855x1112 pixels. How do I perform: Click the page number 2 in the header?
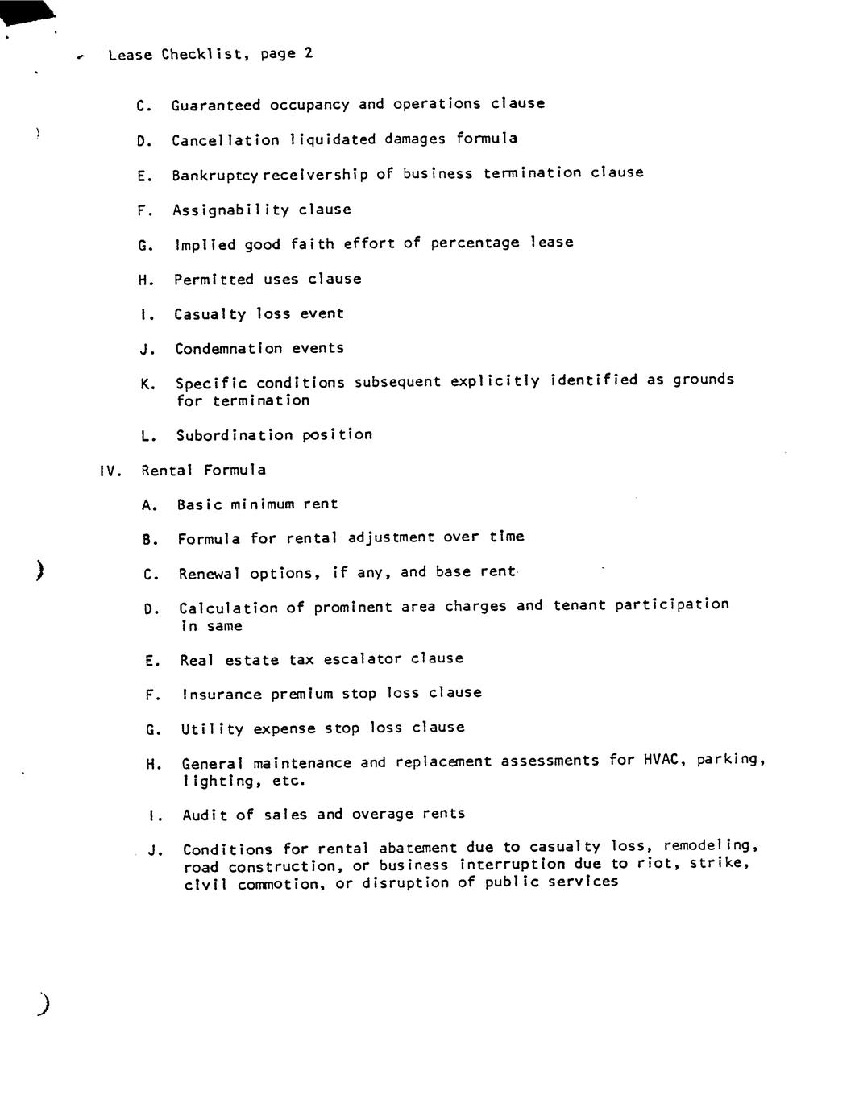tap(309, 53)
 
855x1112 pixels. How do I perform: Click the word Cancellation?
tap(226, 140)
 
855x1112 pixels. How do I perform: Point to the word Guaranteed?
tap(216, 105)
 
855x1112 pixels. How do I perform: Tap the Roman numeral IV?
tap(110, 471)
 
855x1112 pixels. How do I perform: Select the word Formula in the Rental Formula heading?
tap(235, 470)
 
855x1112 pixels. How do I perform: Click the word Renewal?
tap(210, 574)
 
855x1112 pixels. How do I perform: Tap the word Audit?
tap(205, 815)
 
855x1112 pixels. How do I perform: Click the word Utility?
tap(212, 729)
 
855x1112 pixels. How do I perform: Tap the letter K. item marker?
tap(148, 384)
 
